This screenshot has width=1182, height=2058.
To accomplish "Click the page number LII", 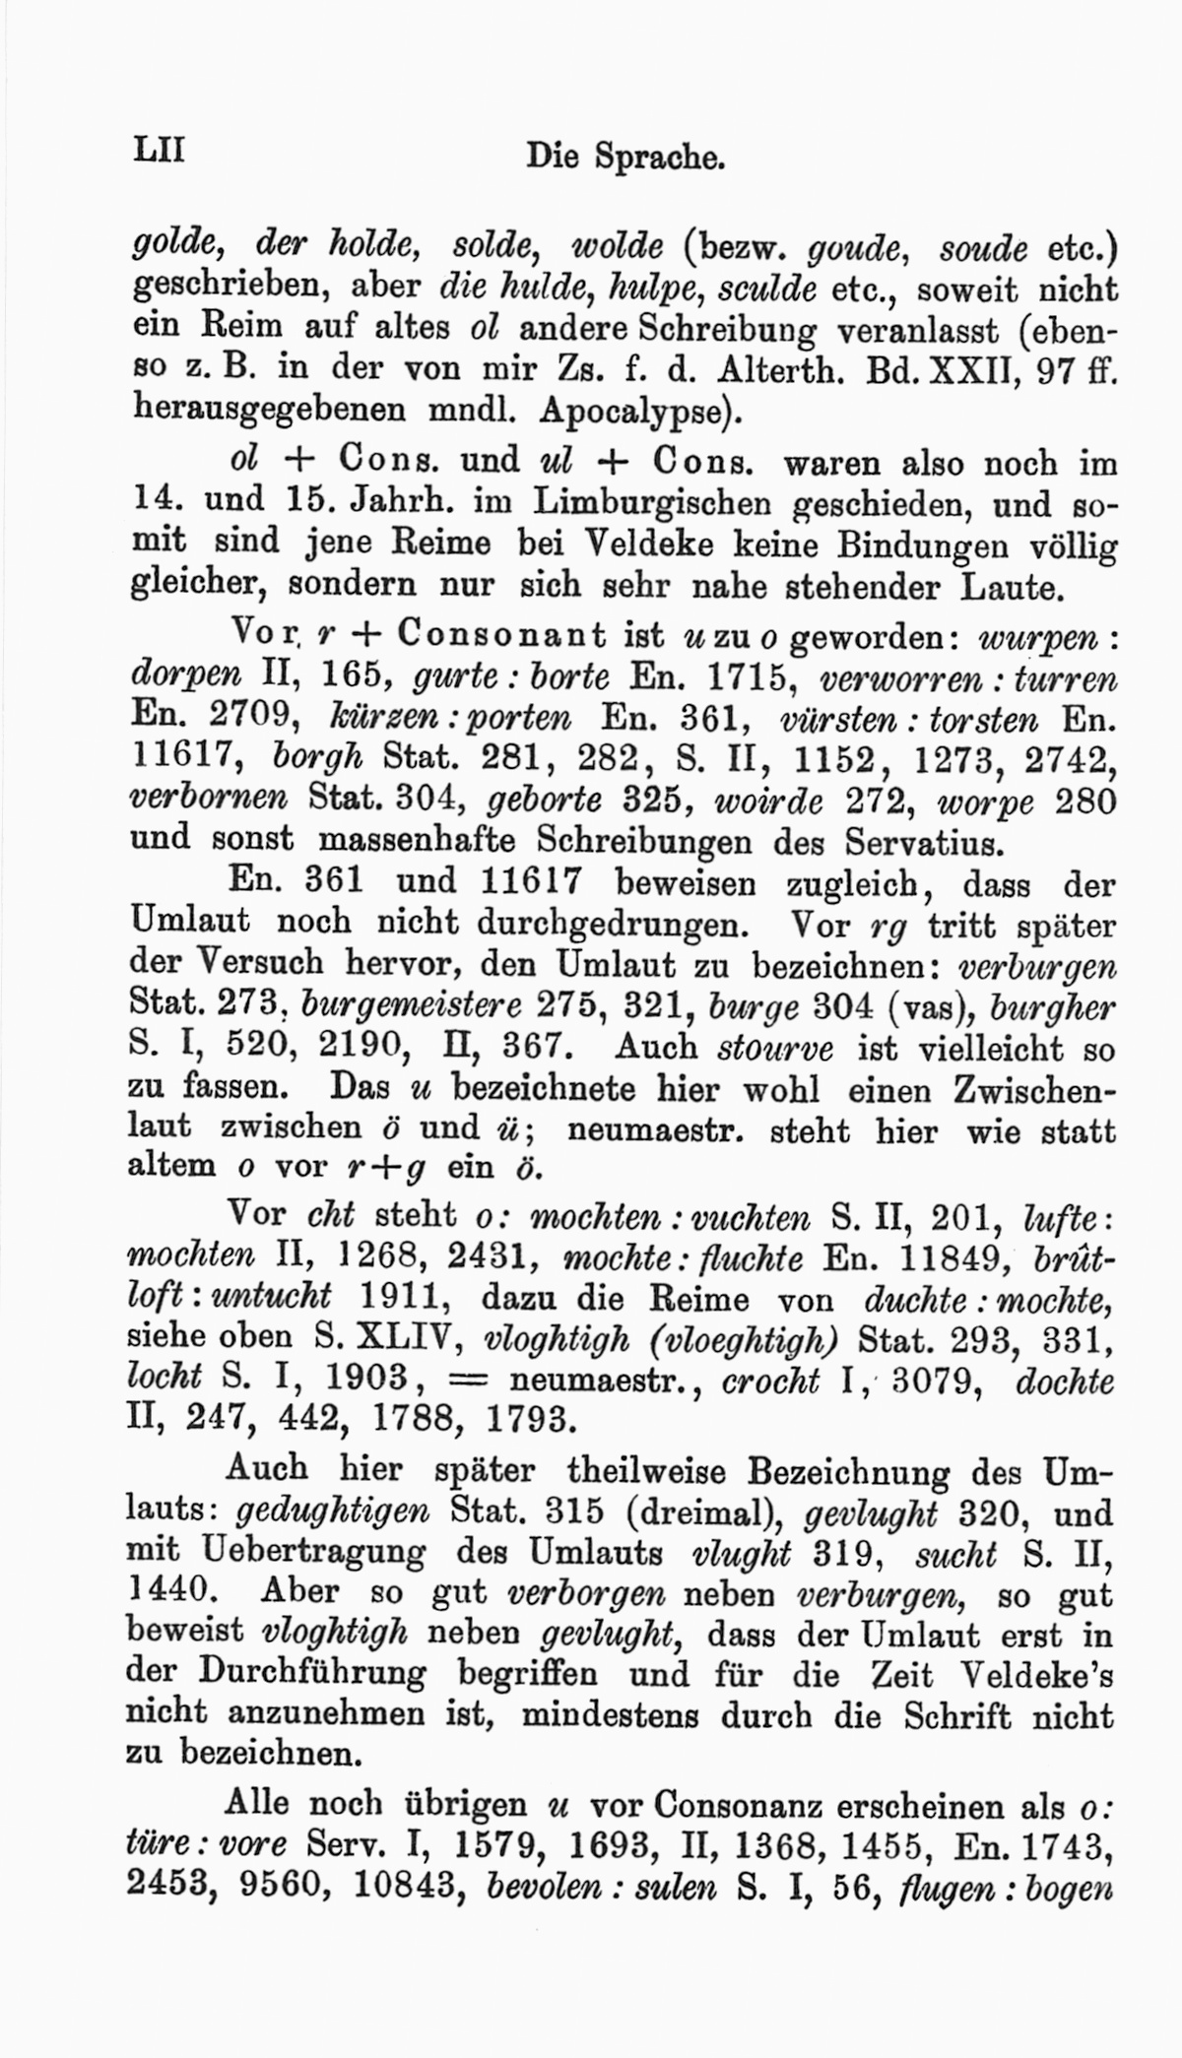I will (159, 153).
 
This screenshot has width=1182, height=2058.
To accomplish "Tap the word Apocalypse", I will (639, 410).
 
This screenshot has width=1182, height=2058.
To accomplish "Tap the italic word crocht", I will (770, 1380).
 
